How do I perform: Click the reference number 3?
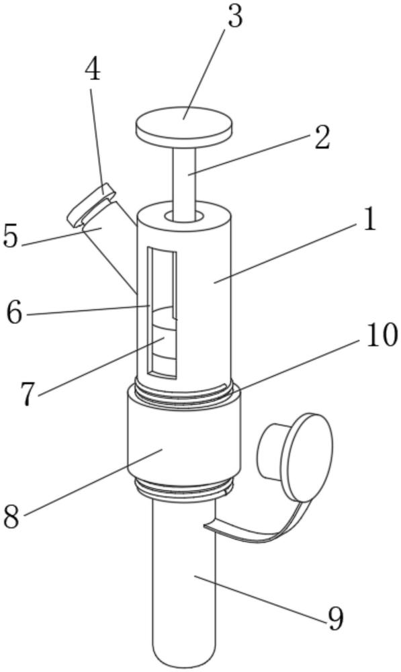click(235, 17)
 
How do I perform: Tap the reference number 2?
click(322, 138)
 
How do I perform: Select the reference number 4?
click(92, 69)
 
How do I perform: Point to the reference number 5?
click(11, 235)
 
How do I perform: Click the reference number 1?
click(369, 220)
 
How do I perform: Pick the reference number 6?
click(14, 312)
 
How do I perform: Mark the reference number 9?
click(335, 618)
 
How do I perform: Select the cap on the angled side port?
click(91, 204)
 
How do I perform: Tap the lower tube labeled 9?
click(184, 583)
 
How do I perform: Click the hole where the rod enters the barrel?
click(184, 216)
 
